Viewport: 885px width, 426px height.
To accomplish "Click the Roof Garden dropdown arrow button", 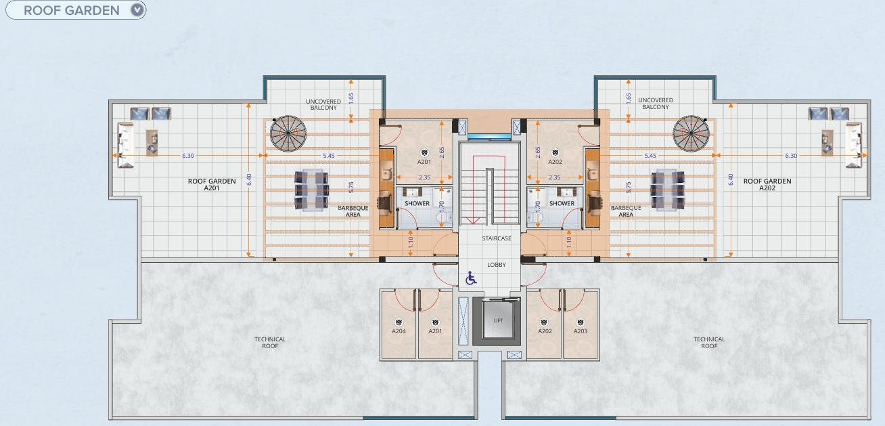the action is click(137, 10).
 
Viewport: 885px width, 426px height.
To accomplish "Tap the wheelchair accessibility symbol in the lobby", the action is click(470, 278).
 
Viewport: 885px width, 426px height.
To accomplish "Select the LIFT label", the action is click(498, 320).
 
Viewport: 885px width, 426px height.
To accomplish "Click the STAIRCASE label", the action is click(497, 238).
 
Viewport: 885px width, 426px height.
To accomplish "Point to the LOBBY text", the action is click(497, 265).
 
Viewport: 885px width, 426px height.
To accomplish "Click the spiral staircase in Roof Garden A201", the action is click(288, 133).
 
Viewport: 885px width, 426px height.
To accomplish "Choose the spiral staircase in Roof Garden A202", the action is click(691, 133).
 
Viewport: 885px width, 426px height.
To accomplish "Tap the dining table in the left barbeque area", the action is click(311, 190).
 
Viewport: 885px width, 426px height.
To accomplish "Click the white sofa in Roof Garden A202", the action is click(853, 145).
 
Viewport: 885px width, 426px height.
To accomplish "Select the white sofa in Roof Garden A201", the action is click(126, 145).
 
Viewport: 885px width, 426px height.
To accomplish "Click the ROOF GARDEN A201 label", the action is click(212, 184).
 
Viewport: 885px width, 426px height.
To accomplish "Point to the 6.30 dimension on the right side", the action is click(791, 156).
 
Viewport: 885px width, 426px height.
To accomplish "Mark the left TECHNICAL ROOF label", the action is click(270, 343).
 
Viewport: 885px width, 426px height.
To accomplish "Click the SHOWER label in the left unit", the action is click(417, 203).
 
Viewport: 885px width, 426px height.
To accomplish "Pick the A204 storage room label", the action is click(399, 331).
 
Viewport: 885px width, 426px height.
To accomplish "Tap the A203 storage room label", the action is click(581, 331).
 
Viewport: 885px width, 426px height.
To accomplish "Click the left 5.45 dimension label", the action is click(329, 156).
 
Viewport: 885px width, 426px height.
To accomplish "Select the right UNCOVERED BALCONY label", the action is click(656, 104).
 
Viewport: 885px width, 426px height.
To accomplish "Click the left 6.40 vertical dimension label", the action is click(249, 179).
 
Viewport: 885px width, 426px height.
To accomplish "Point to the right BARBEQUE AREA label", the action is click(626, 211).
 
